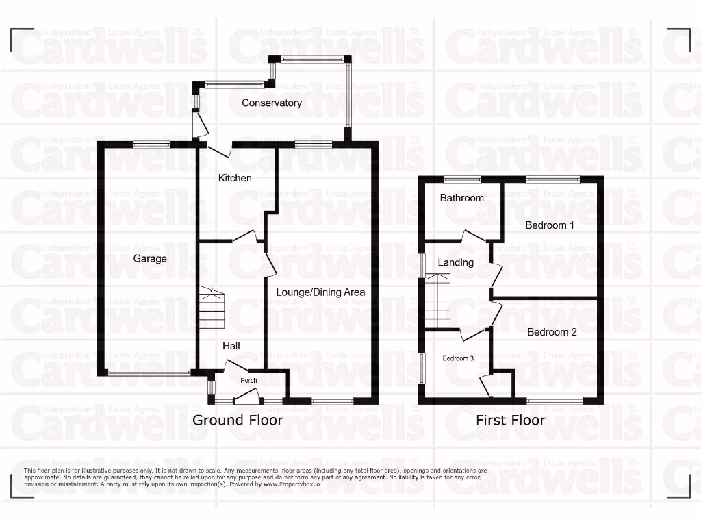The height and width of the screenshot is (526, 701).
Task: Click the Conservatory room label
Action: coord(272,103)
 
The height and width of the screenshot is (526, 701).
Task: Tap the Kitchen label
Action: coord(235,178)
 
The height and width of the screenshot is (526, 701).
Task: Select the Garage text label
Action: coord(150,259)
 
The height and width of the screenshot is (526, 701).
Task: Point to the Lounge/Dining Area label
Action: coord(320,292)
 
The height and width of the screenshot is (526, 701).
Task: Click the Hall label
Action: coord(231,347)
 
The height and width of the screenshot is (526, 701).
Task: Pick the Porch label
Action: coord(248,380)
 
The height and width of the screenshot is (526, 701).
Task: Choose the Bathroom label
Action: coord(461,198)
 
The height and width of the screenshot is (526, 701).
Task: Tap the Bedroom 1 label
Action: coord(550,225)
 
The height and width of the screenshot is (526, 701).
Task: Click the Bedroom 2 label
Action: coord(552,332)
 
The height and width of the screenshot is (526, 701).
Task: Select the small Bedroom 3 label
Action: coord(458,358)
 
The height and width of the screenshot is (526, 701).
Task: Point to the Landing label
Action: coord(455,262)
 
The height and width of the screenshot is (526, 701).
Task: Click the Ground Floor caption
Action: coord(238,420)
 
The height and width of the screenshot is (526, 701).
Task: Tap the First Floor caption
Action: coord(511,420)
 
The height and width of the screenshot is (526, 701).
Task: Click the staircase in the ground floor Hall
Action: coord(212,308)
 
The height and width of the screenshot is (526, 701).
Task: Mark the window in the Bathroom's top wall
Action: coord(461,179)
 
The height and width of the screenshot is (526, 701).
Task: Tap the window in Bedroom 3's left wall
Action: coord(421,368)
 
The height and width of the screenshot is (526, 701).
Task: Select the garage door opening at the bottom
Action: coord(149,373)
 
